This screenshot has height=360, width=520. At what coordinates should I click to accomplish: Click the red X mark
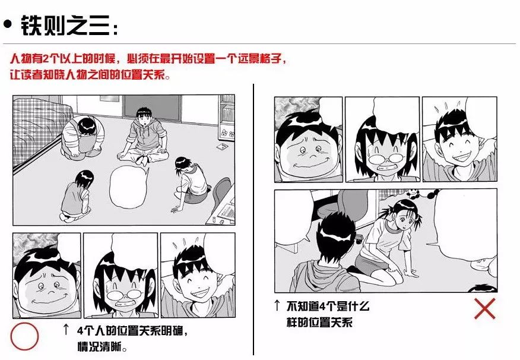pos(484,308)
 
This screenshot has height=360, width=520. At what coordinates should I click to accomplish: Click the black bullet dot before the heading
pos(7,24)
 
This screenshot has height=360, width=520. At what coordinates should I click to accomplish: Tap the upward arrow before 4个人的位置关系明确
pos(66,329)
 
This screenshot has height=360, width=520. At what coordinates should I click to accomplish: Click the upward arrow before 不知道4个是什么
pos(277,305)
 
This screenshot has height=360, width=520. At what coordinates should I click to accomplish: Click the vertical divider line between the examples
pos(253,219)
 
